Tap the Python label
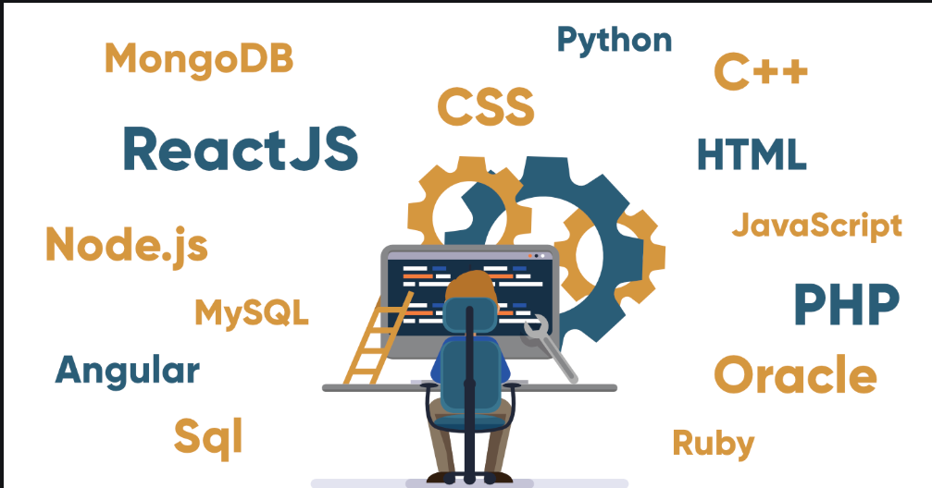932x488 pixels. (x=614, y=41)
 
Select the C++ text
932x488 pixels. (x=761, y=72)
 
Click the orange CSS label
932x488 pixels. (x=486, y=106)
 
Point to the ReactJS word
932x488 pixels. (x=240, y=150)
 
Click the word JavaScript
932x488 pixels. (x=816, y=225)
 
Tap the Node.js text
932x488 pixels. (x=127, y=244)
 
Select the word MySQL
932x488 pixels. (x=251, y=312)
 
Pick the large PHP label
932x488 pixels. (x=846, y=305)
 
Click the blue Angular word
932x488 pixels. (x=128, y=370)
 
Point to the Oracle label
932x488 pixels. (x=795, y=375)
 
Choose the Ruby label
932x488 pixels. (x=713, y=443)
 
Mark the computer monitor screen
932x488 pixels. (x=416, y=296)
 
